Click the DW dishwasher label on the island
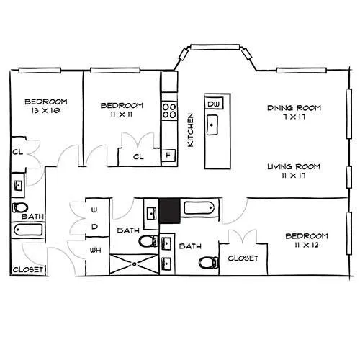[x=214, y=104]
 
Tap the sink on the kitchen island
[x=212, y=125]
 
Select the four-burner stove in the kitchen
[x=169, y=111]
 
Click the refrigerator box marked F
[x=168, y=155]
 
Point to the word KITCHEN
[x=190, y=130]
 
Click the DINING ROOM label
[x=294, y=108]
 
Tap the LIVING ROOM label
[x=294, y=166]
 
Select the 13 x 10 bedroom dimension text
[x=46, y=111]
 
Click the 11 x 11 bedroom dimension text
[x=122, y=114]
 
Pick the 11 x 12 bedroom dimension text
[x=307, y=245]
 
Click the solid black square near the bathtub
[x=170, y=211]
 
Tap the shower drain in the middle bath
[x=135, y=264]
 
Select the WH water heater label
[x=96, y=251]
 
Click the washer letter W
[x=94, y=210]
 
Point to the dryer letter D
[x=95, y=227]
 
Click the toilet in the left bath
[x=19, y=207]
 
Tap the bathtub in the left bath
[x=29, y=230]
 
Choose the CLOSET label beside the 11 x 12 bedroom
[x=243, y=258]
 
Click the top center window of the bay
[x=215, y=47]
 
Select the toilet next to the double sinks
[x=209, y=263]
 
